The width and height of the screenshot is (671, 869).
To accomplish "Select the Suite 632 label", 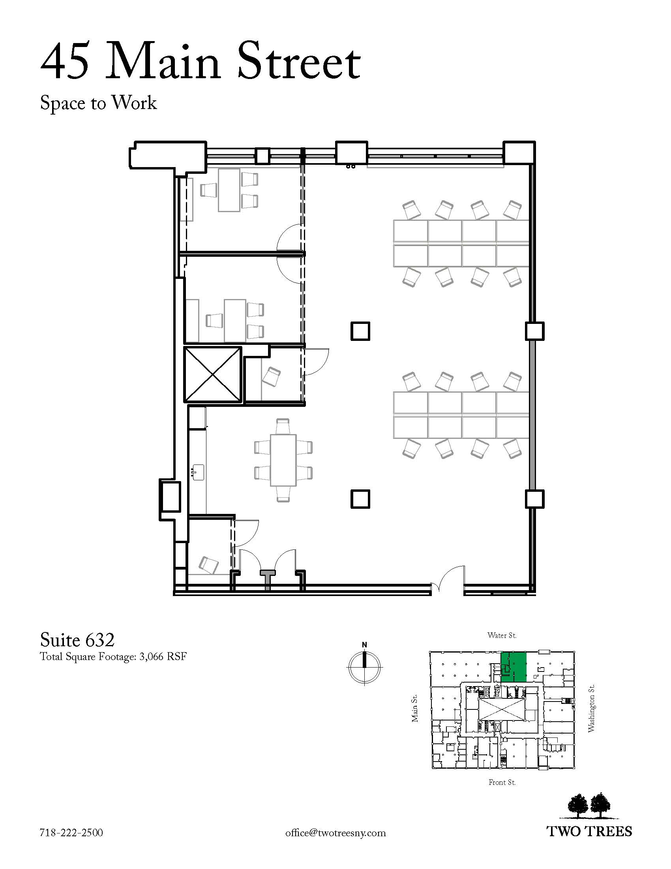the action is coord(77,640).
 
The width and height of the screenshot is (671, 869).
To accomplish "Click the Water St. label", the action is coord(502,636).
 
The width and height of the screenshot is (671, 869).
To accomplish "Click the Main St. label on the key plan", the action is coord(415,708).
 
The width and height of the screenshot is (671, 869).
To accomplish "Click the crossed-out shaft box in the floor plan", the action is coord(213,375).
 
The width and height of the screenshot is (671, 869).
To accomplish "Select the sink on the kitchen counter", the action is coord(198,472).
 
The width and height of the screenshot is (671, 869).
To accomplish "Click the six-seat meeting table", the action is coord(283,460).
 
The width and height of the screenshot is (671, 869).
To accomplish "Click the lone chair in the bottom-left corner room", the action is coord(209,564).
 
